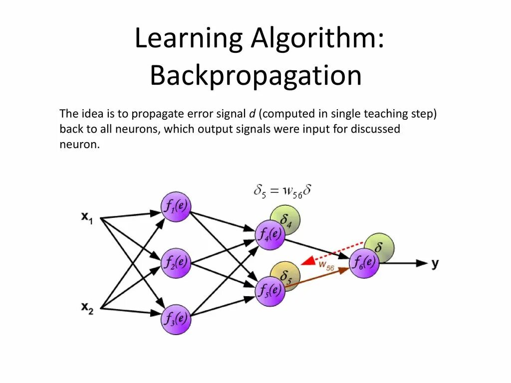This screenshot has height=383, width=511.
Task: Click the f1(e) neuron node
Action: click(x=176, y=206)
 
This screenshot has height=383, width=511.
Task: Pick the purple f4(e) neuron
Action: click(x=269, y=235)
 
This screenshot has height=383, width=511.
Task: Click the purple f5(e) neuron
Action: click(x=270, y=291)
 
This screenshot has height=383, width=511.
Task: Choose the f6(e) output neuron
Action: click(x=364, y=263)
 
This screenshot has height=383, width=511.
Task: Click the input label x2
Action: click(x=87, y=308)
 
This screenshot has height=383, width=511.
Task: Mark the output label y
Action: click(x=435, y=263)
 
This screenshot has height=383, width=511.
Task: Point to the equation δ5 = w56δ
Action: click(x=282, y=190)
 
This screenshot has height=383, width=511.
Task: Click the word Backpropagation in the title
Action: click(x=255, y=76)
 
